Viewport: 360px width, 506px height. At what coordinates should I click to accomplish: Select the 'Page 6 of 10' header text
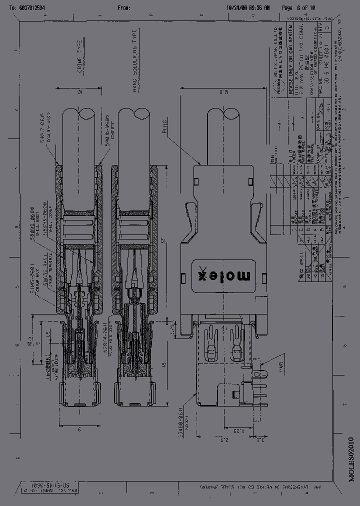298,8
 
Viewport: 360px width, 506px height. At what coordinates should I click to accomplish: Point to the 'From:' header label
124,8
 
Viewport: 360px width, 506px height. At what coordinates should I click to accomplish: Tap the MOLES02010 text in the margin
351,457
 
